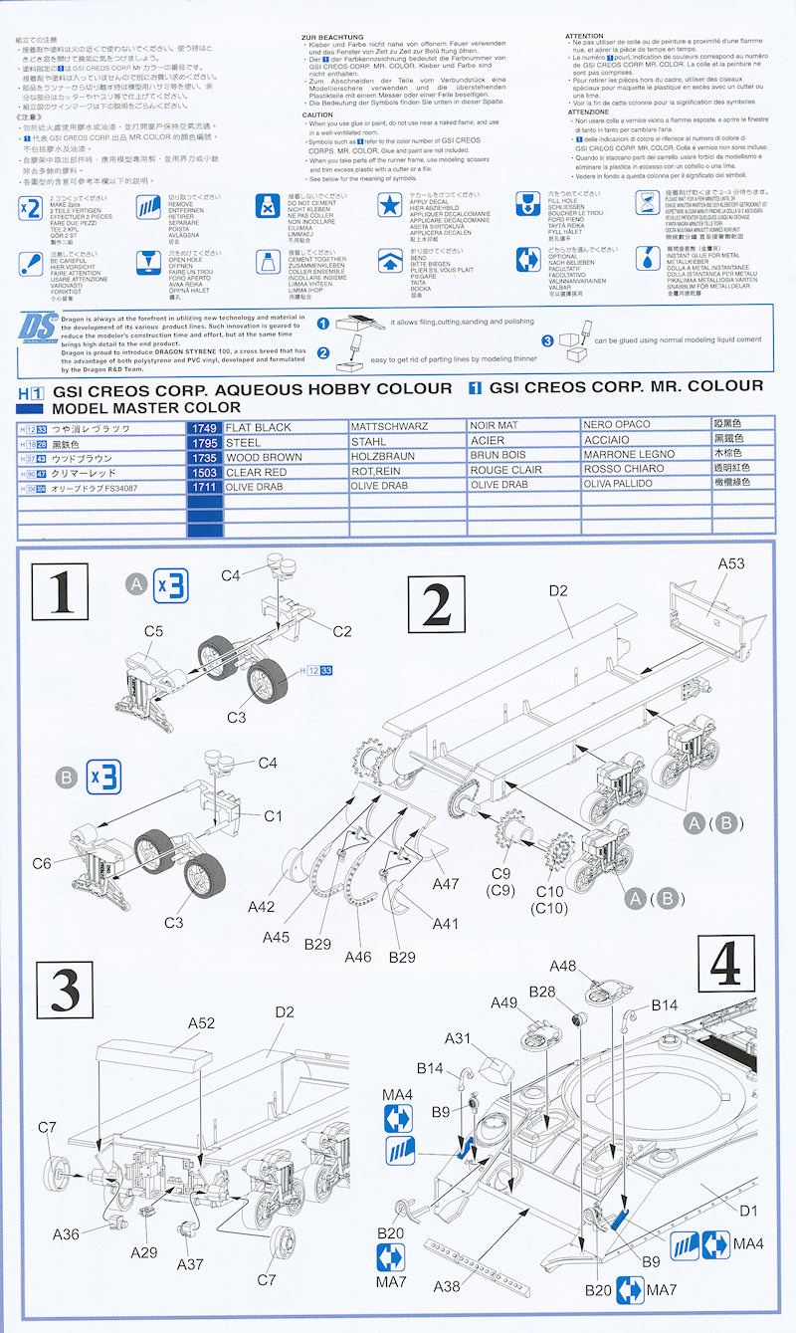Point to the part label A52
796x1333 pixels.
point(201,1021)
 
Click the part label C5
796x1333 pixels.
point(153,631)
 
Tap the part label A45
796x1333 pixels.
point(277,937)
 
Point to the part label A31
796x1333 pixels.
point(458,1039)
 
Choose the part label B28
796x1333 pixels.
point(542,992)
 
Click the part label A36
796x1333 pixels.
point(66,1233)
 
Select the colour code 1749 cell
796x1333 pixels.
point(203,427)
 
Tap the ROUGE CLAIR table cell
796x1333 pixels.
point(506,470)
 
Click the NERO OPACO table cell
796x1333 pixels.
point(618,427)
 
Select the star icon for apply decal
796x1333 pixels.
point(390,207)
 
